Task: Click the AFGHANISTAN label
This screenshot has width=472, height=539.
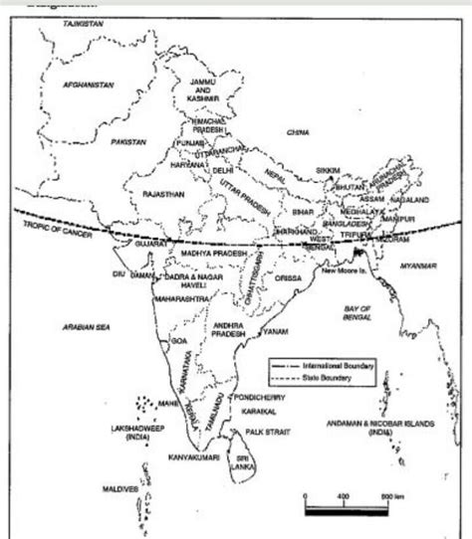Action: pyautogui.click(x=88, y=86)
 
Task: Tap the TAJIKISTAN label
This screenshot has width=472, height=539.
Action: pyautogui.click(x=83, y=21)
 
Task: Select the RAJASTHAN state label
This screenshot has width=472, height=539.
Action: pyautogui.click(x=164, y=195)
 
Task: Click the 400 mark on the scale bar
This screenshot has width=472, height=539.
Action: pyautogui.click(x=342, y=495)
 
